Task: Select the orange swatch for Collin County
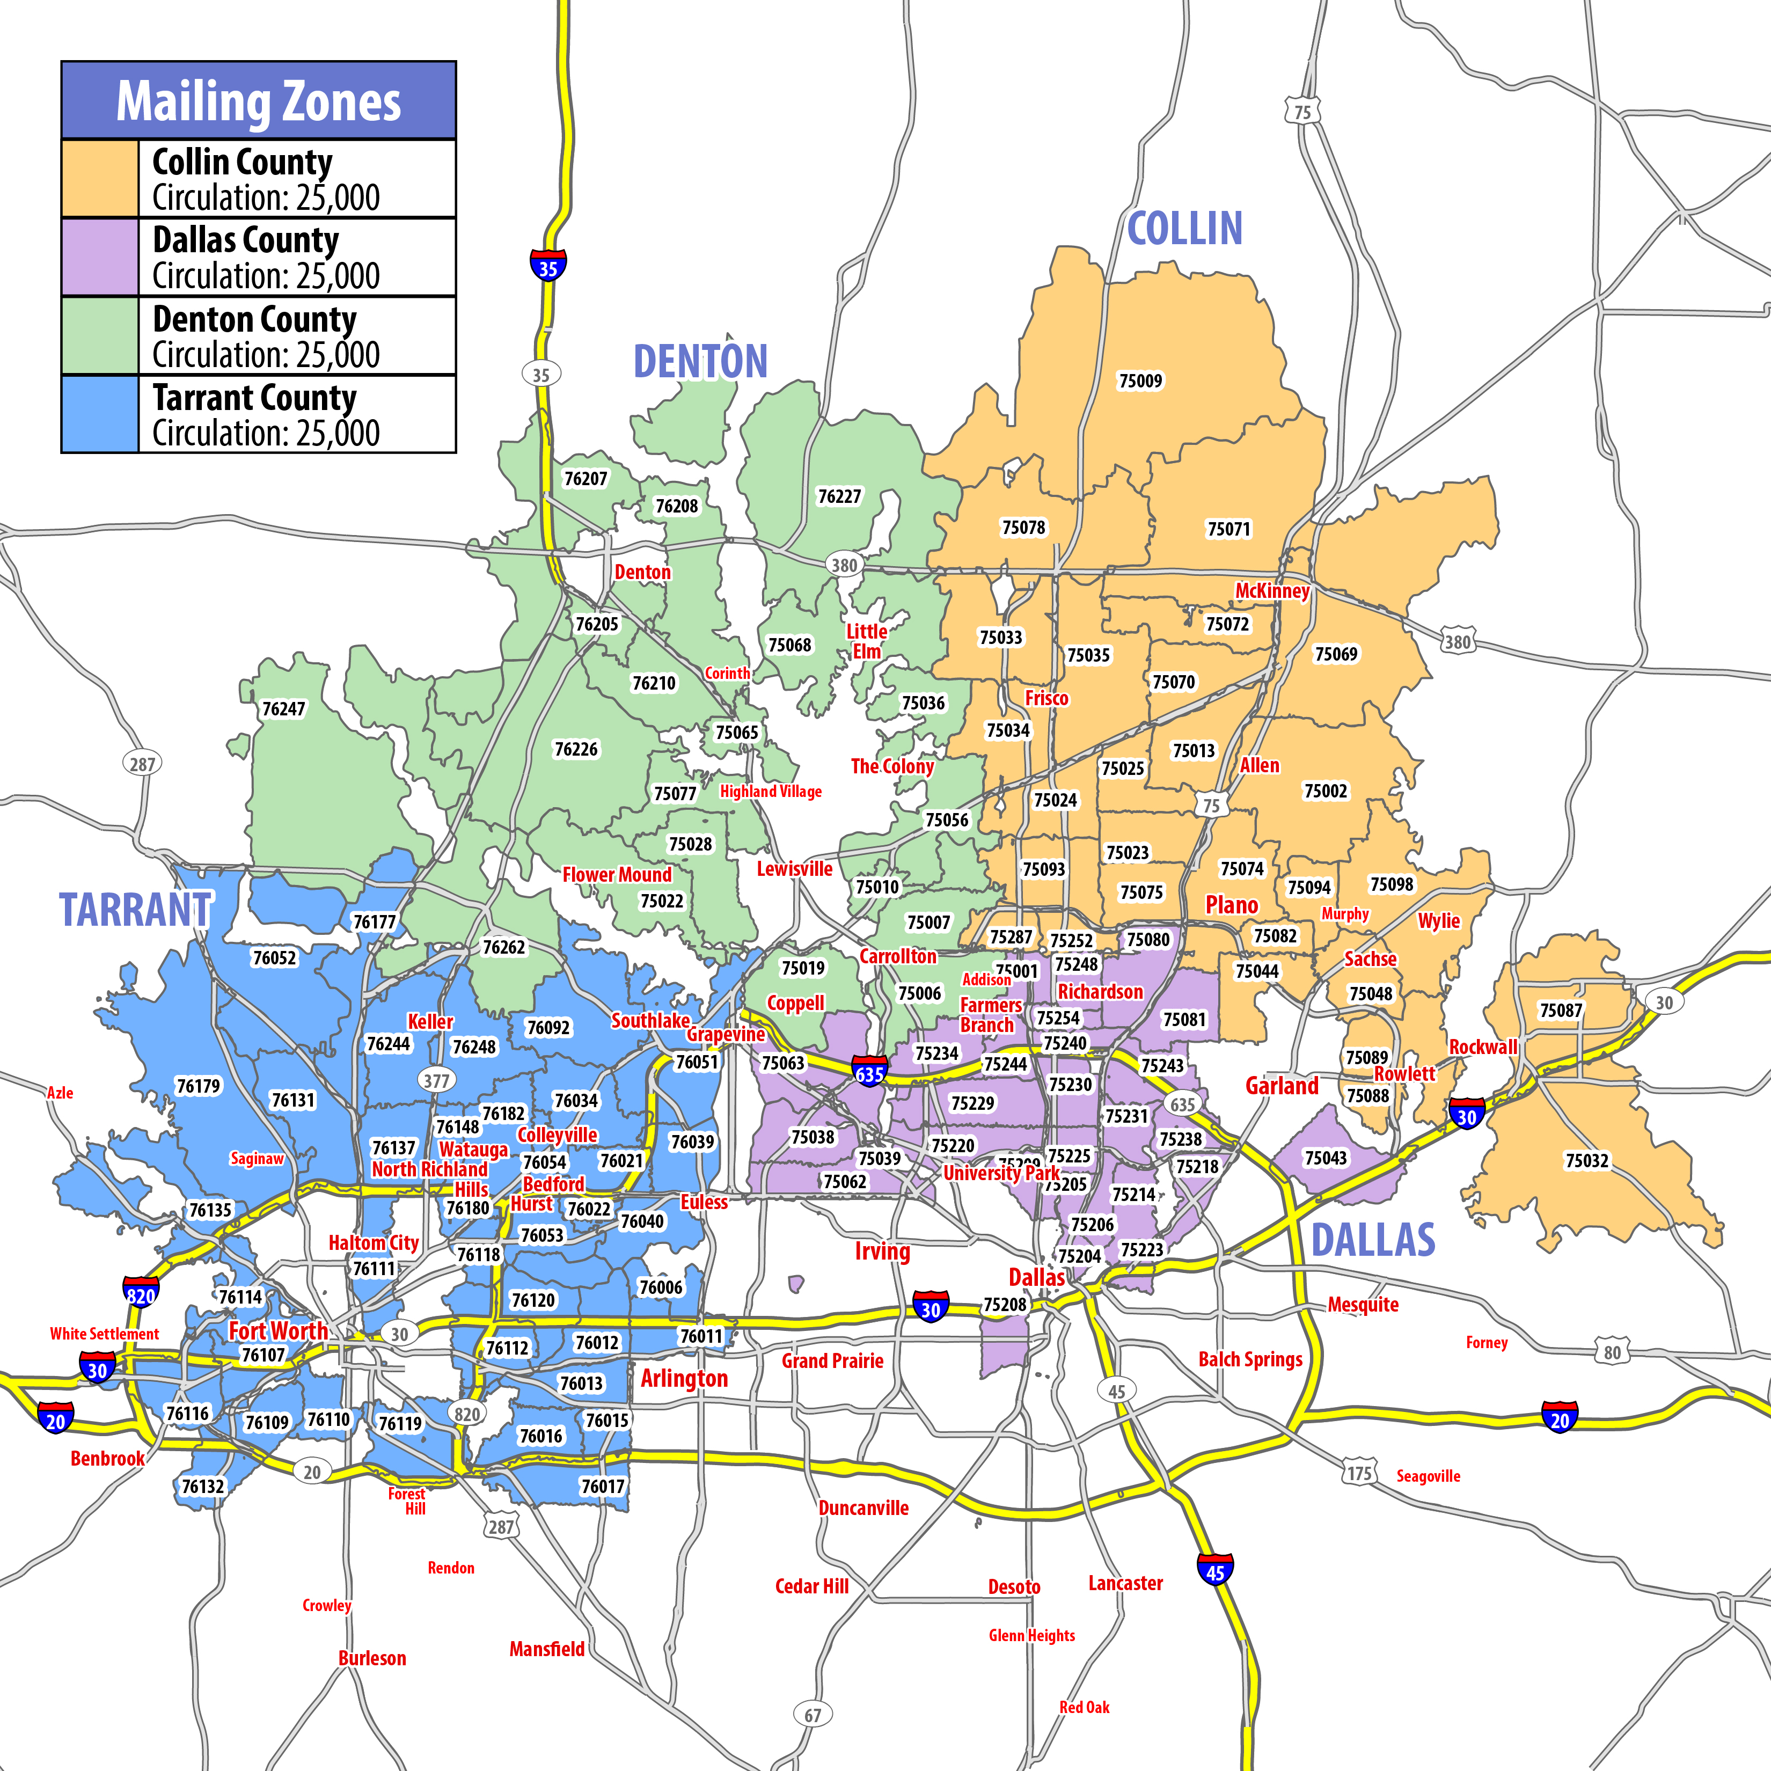[100, 179]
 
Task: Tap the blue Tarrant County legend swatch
[100, 414]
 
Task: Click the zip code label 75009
[1140, 380]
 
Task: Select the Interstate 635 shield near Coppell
[869, 1072]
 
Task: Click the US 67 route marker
[812, 1714]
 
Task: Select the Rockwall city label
[1482, 1047]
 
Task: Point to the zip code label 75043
[1326, 1158]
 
